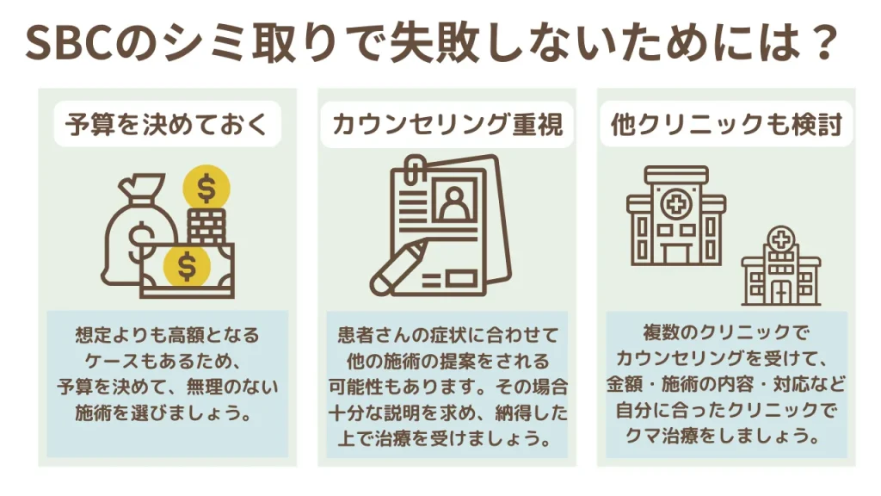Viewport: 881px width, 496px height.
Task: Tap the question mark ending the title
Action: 825,43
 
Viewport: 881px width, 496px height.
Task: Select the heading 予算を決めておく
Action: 167,124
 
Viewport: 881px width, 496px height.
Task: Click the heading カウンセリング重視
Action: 447,124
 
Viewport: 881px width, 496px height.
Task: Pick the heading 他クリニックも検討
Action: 726,124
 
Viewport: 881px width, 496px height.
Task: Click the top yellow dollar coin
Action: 206,188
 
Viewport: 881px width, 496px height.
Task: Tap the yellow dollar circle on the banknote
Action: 187,266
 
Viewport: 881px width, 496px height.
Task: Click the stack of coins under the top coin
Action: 206,226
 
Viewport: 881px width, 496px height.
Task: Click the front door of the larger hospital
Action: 676,253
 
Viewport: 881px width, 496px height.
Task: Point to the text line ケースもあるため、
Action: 163,361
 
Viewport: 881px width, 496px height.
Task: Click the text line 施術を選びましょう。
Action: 163,412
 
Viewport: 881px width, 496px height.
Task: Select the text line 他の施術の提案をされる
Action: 447,361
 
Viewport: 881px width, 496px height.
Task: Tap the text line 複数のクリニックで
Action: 726,333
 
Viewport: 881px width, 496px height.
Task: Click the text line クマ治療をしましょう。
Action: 726,435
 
